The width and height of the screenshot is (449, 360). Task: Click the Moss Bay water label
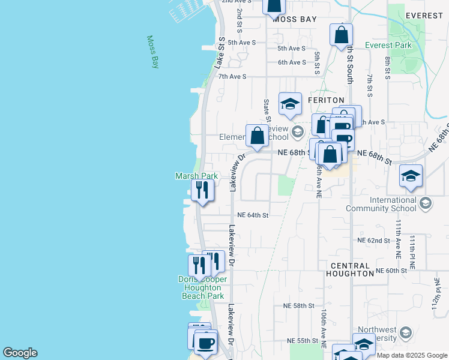[x=153, y=52]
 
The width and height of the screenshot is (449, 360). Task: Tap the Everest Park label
[x=388, y=45]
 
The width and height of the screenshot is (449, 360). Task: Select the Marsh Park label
[x=196, y=176]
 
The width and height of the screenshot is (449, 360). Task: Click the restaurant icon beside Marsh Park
[x=202, y=191]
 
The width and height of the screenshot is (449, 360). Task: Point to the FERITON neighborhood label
[x=327, y=100]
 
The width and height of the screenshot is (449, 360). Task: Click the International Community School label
[x=381, y=204]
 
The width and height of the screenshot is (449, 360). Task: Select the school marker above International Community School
[x=411, y=176]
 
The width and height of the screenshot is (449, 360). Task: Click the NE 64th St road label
[x=253, y=215]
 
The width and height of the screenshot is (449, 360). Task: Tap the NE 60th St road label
[x=391, y=271]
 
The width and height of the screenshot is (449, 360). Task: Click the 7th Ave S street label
[x=232, y=77]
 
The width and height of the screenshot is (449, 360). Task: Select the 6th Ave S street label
[x=292, y=62]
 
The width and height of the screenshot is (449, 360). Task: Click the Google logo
[x=20, y=353]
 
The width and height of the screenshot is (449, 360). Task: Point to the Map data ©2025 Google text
[x=411, y=355]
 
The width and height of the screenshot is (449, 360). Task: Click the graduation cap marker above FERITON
[x=290, y=104]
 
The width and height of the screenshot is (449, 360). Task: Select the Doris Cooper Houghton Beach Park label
[x=202, y=287]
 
